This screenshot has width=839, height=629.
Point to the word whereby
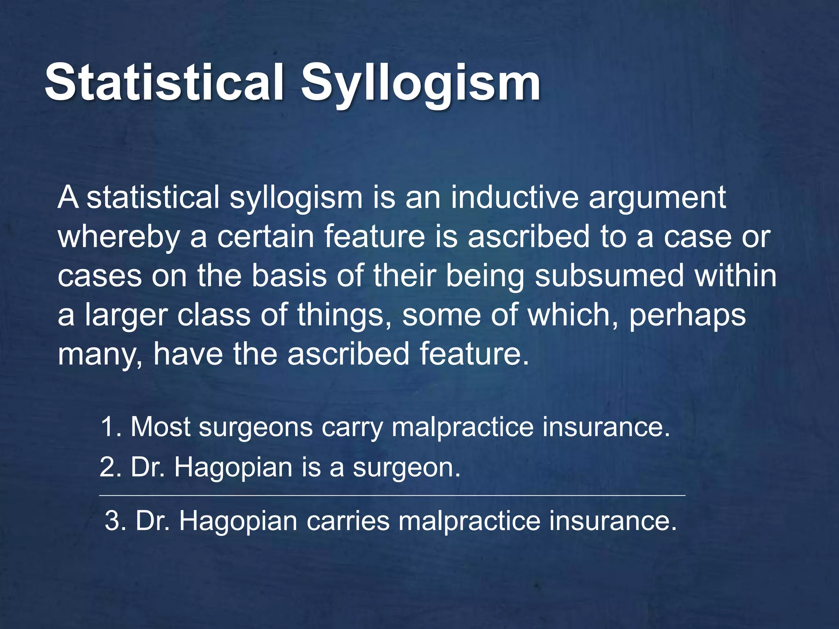(119, 238)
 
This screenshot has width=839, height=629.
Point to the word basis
(289, 276)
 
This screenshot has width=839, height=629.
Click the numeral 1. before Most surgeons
(111, 427)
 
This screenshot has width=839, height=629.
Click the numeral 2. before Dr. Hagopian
(111, 467)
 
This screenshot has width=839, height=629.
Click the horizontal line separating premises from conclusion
(392, 496)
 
